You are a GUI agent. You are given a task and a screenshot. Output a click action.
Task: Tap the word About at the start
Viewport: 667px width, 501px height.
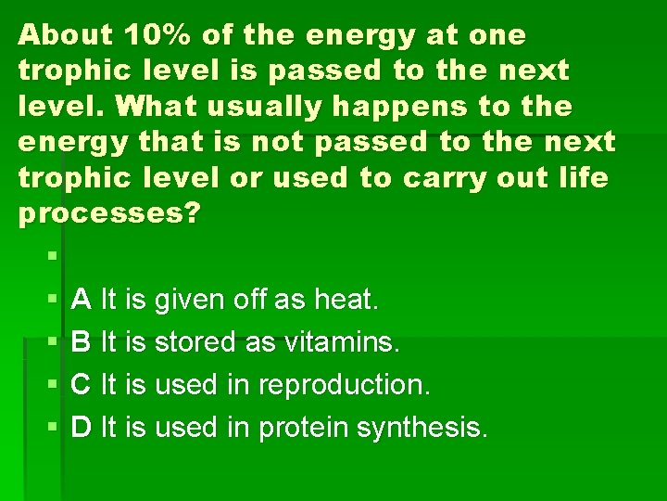coord(64,35)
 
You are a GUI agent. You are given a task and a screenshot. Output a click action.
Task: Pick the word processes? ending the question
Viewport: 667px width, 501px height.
coord(109,213)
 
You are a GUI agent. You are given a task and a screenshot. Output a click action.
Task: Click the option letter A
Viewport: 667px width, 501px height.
coord(82,300)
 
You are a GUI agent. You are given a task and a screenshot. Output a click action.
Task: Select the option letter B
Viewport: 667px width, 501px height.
coord(82,342)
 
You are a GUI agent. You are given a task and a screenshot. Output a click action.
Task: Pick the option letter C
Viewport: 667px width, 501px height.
coord(82,385)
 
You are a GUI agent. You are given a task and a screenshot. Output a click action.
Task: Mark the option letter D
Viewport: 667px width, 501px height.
coord(82,428)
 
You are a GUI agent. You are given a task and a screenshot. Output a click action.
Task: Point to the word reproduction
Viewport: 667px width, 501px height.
coord(344,385)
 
